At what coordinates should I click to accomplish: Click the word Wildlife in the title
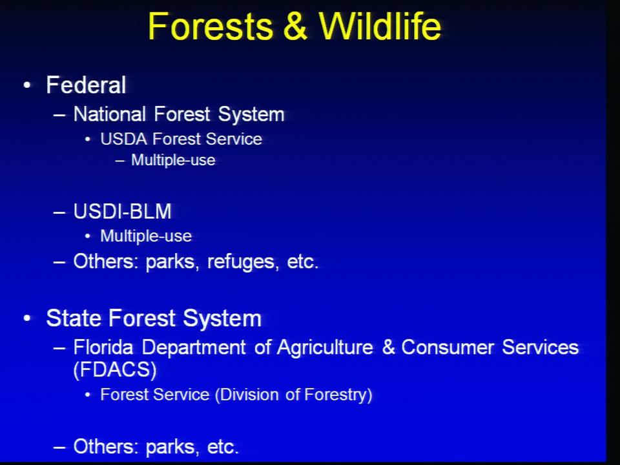tap(380, 26)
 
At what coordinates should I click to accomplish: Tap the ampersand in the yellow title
tap(295, 26)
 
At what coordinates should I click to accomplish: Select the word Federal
tap(86, 85)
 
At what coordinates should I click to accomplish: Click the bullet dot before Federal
tap(27, 85)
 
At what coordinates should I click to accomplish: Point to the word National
tap(110, 114)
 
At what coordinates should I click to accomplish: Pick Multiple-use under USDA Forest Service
tap(173, 160)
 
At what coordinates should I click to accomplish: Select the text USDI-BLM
tap(123, 211)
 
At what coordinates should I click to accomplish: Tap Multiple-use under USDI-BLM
tap(146, 236)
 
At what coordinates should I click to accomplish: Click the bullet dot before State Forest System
tap(27, 318)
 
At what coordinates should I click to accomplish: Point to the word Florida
tap(103, 347)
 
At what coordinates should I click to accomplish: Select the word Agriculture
tap(325, 348)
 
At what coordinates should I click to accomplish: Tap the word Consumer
tap(448, 347)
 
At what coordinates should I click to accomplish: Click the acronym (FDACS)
tap(115, 369)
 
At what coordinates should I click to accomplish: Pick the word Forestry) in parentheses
tap(338, 395)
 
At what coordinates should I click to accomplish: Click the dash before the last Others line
tap(59, 447)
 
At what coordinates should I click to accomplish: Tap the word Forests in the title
tap(211, 26)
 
